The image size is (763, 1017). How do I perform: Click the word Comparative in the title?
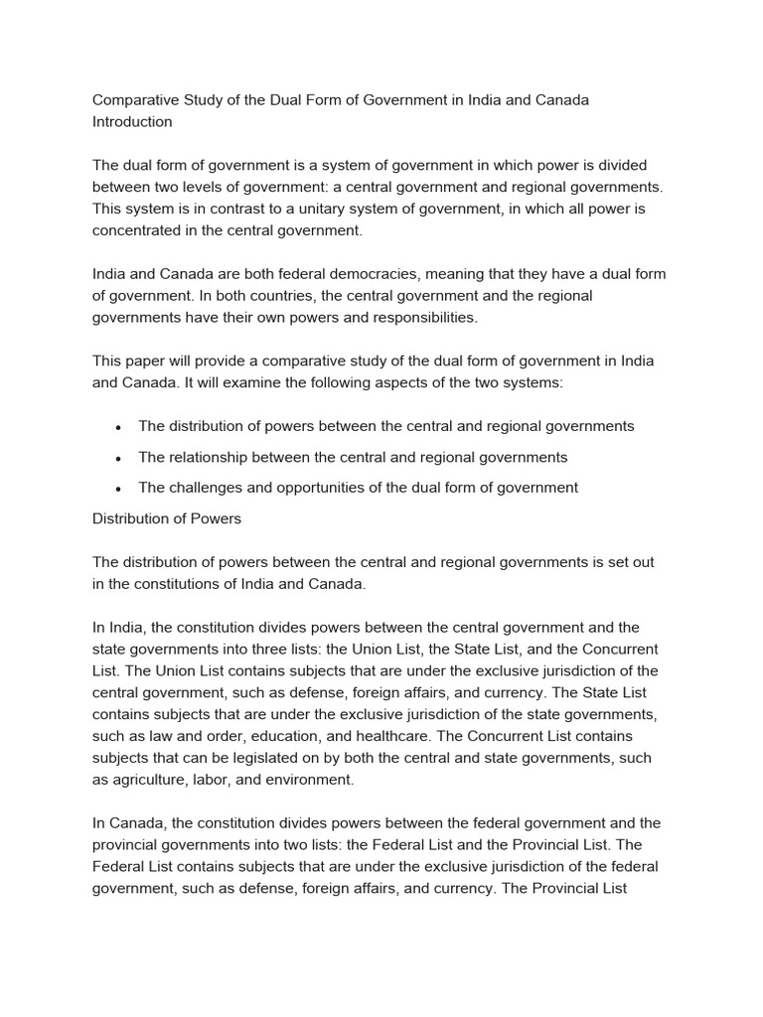pos(135,100)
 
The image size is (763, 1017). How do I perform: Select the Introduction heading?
pos(132,122)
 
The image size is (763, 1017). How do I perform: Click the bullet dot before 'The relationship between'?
pos(118,458)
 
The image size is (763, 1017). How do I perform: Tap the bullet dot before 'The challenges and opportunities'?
pos(118,489)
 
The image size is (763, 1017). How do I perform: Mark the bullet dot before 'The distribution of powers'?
pos(118,427)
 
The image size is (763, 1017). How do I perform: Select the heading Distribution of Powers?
pos(167,518)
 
